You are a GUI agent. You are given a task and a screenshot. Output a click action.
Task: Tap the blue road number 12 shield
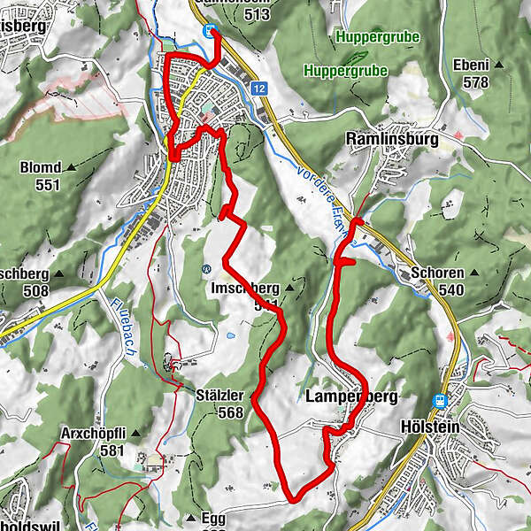pos(258,88)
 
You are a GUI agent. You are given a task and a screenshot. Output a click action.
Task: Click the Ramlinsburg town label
pos(388,139)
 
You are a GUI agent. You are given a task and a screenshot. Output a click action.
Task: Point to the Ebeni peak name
pos(470,65)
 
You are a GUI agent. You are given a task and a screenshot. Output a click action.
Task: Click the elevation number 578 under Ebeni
pos(476,81)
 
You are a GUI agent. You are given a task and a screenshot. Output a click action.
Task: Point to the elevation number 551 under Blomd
pos(47,184)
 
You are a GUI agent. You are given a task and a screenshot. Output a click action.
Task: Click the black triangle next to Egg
pos(190,518)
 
